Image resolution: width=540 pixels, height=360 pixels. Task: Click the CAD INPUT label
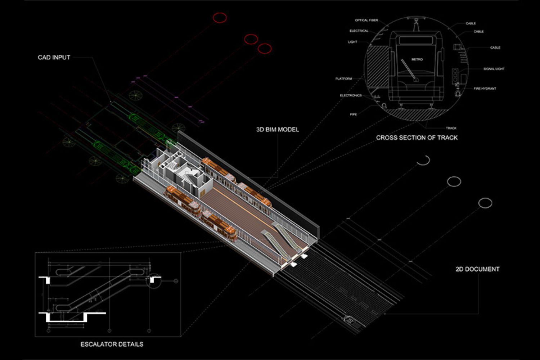[x=54, y=58]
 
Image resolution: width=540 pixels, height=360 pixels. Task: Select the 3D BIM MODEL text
[x=277, y=130]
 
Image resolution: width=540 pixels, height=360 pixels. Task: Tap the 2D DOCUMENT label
[x=477, y=269]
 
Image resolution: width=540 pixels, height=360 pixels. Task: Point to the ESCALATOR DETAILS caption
[x=112, y=345]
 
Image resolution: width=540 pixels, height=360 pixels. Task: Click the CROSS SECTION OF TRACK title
[x=417, y=138]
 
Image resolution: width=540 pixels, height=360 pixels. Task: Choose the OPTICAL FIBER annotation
[x=366, y=21]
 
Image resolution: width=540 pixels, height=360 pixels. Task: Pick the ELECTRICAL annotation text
[x=359, y=31]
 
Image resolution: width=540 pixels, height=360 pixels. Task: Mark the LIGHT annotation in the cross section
[x=352, y=42]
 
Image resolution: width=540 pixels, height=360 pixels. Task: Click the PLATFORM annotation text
[x=344, y=78]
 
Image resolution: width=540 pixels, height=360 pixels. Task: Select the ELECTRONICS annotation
[x=351, y=95]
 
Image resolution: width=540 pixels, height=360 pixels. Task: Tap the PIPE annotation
[x=354, y=114]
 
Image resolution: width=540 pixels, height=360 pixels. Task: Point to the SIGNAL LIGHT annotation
[x=494, y=69]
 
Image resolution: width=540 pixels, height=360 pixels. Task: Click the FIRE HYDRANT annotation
[x=485, y=89]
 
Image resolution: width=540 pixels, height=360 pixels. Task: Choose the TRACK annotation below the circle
[x=451, y=128]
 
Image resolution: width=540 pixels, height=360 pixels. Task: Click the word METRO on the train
[x=417, y=59]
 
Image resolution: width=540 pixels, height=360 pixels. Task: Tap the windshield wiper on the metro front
[x=409, y=69]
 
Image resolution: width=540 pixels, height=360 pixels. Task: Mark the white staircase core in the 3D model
[x=187, y=176]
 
